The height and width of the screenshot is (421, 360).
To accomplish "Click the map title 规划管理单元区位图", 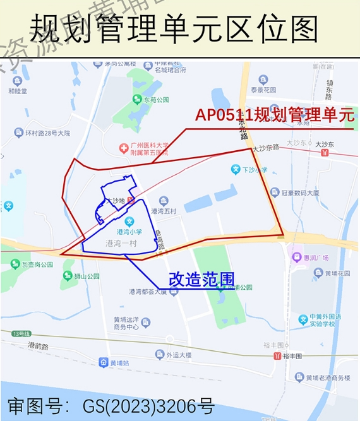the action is (174, 28).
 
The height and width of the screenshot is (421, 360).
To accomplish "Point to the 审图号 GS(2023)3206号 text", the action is (111, 405).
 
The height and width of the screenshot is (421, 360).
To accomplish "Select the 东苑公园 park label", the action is (155, 100).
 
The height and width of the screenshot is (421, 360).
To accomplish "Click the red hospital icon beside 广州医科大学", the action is (123, 148).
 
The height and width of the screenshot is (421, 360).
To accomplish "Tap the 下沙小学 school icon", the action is (235, 170).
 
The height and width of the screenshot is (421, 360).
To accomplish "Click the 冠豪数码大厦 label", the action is (300, 193).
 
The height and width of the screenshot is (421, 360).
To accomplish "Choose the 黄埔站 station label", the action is (117, 363).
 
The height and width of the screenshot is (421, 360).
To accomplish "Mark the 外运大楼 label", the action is (179, 355).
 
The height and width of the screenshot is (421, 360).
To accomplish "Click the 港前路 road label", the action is (39, 346).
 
